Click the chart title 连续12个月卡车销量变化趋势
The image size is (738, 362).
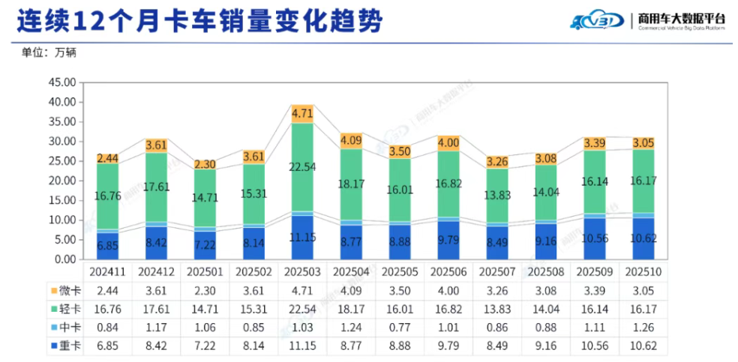coord(199,20)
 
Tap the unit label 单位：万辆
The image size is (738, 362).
coord(49,52)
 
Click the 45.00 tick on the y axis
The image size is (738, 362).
coord(61,82)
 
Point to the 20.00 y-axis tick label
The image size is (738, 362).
coord(61,181)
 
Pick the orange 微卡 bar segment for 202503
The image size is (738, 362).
coord(302,114)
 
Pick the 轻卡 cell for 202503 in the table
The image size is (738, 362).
coord(302,308)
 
